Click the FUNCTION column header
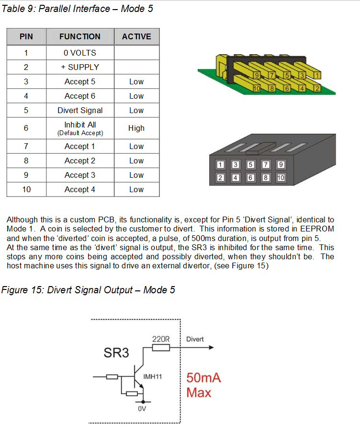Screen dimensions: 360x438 80,36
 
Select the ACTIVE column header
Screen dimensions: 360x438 136,36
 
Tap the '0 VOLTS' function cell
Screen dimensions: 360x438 80,53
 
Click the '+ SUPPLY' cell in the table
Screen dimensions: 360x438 80,67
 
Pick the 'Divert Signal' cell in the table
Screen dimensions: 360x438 80,110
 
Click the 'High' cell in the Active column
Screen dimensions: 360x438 136,128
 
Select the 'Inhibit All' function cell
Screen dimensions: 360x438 80,128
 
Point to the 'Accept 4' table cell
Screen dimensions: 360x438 80,189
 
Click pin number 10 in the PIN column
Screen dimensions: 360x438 26,189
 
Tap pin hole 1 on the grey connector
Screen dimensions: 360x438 220,164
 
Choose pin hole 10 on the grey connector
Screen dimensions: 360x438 281,178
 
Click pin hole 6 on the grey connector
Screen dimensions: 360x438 250,178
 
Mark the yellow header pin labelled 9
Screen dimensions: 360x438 257,75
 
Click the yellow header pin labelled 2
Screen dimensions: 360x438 317,89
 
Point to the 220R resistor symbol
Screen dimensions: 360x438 161,347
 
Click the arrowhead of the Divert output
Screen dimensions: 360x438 211,347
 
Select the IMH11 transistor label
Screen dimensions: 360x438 153,377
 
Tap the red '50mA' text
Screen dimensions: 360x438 204,378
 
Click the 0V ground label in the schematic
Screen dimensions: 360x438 142,409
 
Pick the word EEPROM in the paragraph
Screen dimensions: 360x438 317,229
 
